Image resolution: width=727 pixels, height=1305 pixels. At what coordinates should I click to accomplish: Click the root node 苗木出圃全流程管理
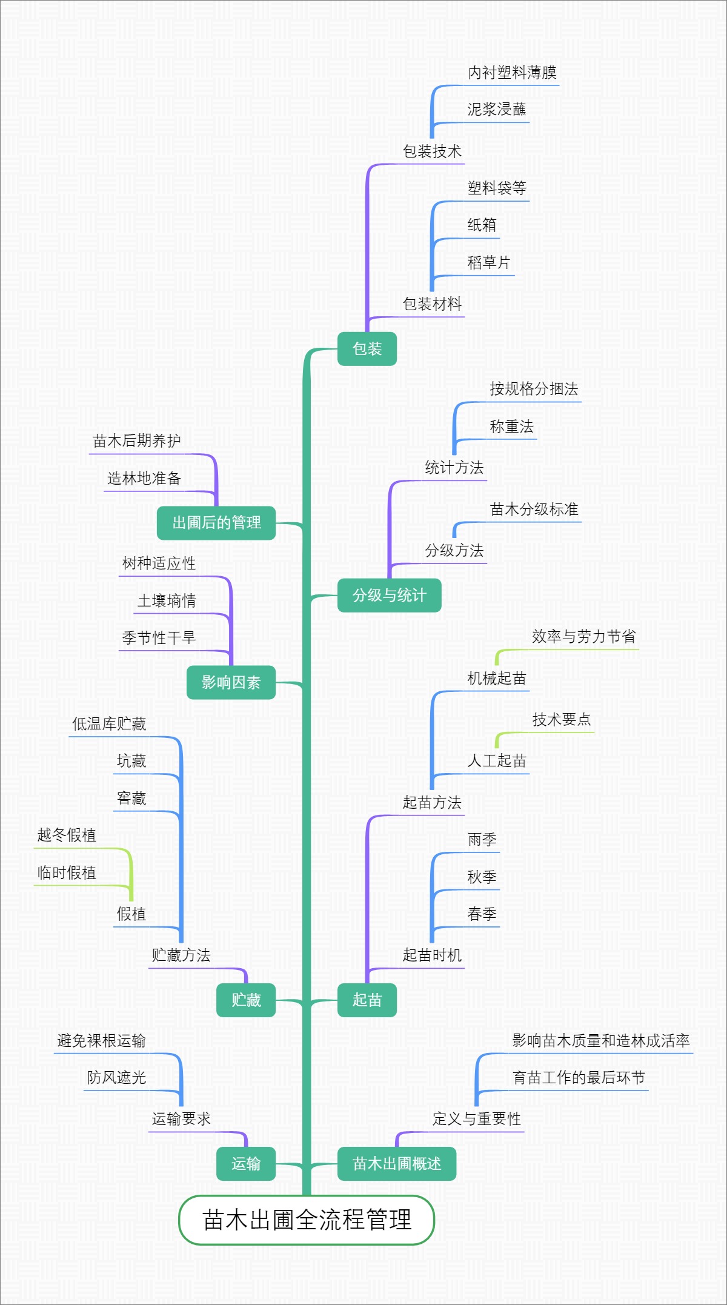coord(307,1220)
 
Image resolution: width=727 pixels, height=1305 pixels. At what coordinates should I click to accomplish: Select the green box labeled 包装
coord(367,349)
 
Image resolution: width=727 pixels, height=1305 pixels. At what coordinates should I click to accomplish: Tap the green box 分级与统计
coord(389,596)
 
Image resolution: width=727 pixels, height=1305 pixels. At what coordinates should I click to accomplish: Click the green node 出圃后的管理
coord(216,523)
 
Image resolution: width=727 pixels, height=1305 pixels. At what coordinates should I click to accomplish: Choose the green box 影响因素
coord(231,683)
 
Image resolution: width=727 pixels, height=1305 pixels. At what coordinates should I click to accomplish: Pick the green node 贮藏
coord(246,1000)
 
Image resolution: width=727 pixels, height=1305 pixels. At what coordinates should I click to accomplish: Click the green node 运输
coord(246,1164)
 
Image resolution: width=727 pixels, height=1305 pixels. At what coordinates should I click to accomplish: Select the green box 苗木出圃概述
coord(396,1164)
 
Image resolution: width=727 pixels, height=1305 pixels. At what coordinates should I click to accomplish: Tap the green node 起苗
coord(367,1000)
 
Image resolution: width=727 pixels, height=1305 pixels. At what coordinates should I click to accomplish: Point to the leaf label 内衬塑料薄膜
coord(512,73)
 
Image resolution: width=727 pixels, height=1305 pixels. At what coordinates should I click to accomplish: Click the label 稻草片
coord(488,263)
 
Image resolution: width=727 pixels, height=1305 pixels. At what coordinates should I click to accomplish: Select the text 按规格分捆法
coord(534,389)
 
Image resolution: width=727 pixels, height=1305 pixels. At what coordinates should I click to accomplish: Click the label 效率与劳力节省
coord(583,637)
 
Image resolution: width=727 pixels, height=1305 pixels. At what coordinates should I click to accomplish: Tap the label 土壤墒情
coord(167,601)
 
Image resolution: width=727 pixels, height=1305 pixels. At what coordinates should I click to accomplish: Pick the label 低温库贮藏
coord(109,724)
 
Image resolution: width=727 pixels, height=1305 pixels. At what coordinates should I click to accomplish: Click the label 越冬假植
coord(67,835)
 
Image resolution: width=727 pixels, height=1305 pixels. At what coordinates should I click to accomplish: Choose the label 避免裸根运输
coord(101,1041)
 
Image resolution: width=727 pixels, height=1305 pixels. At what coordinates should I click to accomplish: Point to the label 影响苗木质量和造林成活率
coord(600,1041)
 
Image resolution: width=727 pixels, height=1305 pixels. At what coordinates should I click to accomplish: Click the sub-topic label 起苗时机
coord(432,955)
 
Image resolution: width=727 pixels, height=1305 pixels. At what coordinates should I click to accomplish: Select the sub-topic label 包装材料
coord(432,304)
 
